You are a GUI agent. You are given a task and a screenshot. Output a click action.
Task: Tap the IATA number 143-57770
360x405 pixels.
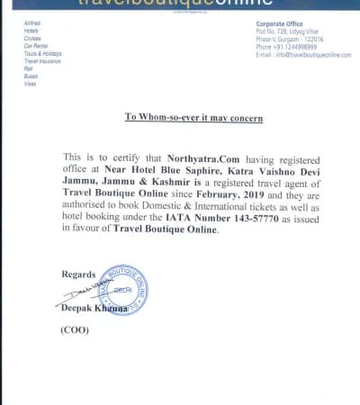click(x=271, y=217)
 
